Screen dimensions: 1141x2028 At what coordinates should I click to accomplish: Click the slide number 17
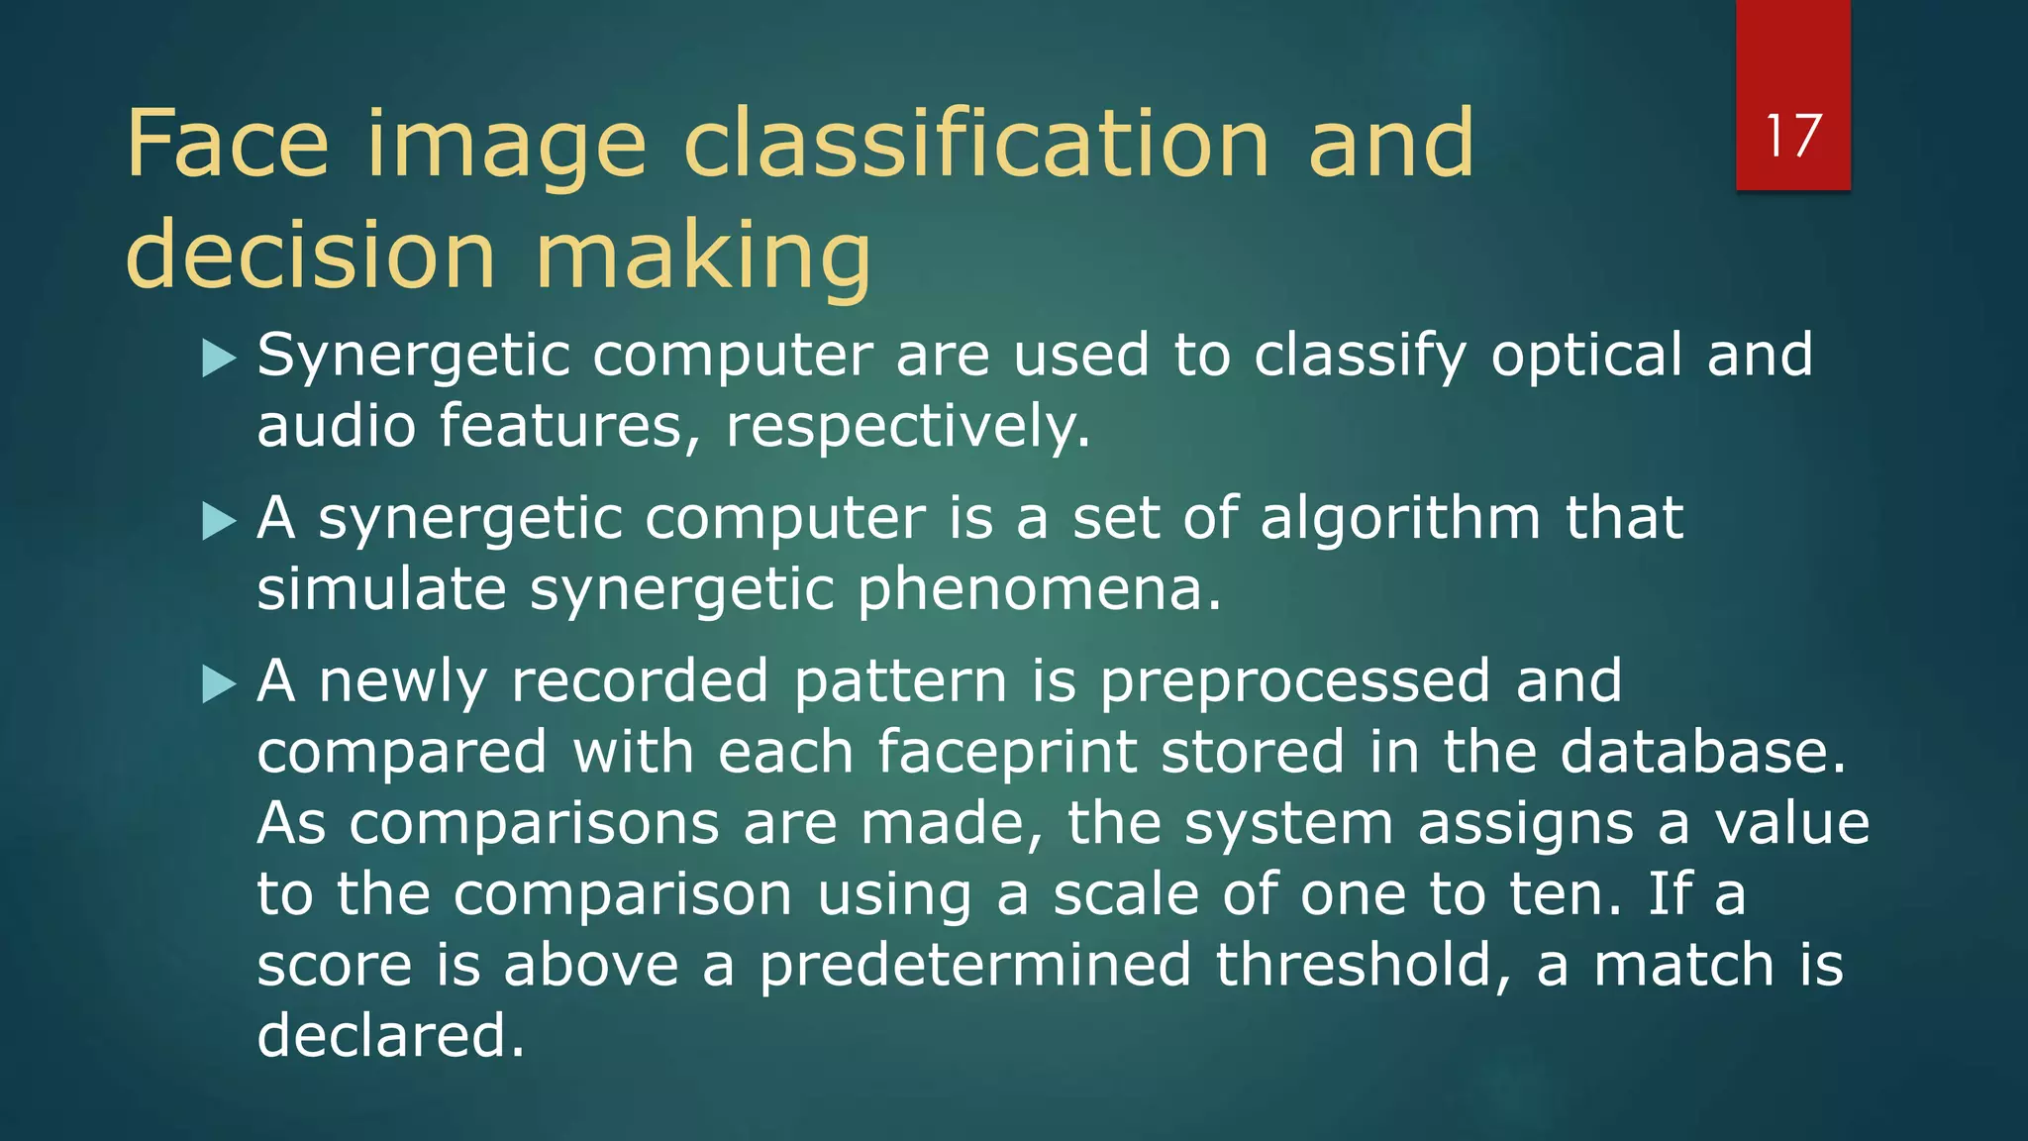(x=1792, y=136)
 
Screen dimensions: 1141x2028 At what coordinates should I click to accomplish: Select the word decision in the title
(x=310, y=256)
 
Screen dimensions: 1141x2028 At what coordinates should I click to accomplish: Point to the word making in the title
(x=703, y=256)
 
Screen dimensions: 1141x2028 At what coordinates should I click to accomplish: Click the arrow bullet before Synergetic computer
(x=219, y=358)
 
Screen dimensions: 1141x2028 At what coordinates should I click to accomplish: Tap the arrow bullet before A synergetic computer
(x=219, y=521)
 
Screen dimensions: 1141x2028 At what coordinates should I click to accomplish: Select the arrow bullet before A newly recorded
(x=219, y=684)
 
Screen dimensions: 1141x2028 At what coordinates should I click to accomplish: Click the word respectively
(x=907, y=427)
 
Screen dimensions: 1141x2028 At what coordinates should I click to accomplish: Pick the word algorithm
(x=1399, y=518)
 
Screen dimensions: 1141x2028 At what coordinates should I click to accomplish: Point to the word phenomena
(x=1039, y=589)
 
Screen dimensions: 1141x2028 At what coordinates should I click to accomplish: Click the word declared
(x=390, y=1036)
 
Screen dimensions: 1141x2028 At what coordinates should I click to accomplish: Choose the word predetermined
(x=974, y=965)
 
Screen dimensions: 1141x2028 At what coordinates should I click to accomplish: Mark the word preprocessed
(x=1295, y=681)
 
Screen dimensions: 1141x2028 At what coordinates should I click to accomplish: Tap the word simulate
(x=381, y=589)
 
